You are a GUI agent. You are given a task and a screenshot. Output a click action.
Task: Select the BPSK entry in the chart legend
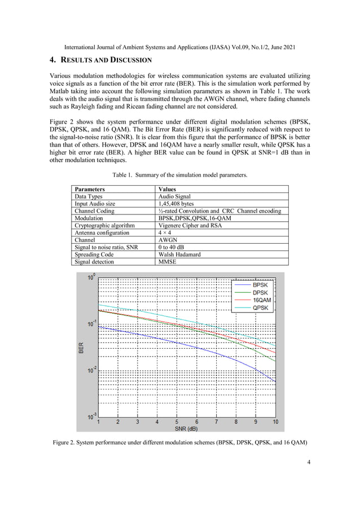click(260, 286)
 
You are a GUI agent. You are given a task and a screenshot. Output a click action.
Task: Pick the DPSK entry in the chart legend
click(260, 293)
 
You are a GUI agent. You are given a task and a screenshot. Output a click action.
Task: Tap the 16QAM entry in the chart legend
click(261, 300)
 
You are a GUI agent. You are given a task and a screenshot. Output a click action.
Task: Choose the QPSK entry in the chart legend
click(260, 308)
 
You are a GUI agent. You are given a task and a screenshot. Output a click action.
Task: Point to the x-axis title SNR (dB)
click(187, 428)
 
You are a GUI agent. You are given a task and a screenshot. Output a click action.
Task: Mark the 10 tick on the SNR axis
click(275, 422)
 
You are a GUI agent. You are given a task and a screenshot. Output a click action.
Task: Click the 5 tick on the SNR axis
click(177, 422)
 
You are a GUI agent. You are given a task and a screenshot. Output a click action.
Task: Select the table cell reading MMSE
click(168, 262)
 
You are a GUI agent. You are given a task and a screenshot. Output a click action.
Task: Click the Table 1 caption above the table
click(180, 175)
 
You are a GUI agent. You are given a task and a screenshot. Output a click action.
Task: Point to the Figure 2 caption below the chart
click(180, 442)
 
